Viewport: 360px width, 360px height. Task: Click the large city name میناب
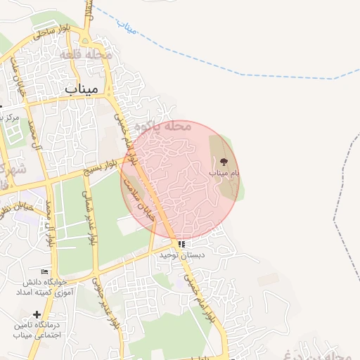tap(82, 89)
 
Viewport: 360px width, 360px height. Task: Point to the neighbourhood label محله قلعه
tap(86, 54)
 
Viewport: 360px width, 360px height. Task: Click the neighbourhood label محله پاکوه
tap(170, 127)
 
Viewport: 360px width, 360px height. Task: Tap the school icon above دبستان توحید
tap(181, 245)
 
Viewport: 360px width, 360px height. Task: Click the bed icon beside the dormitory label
tap(45, 272)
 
